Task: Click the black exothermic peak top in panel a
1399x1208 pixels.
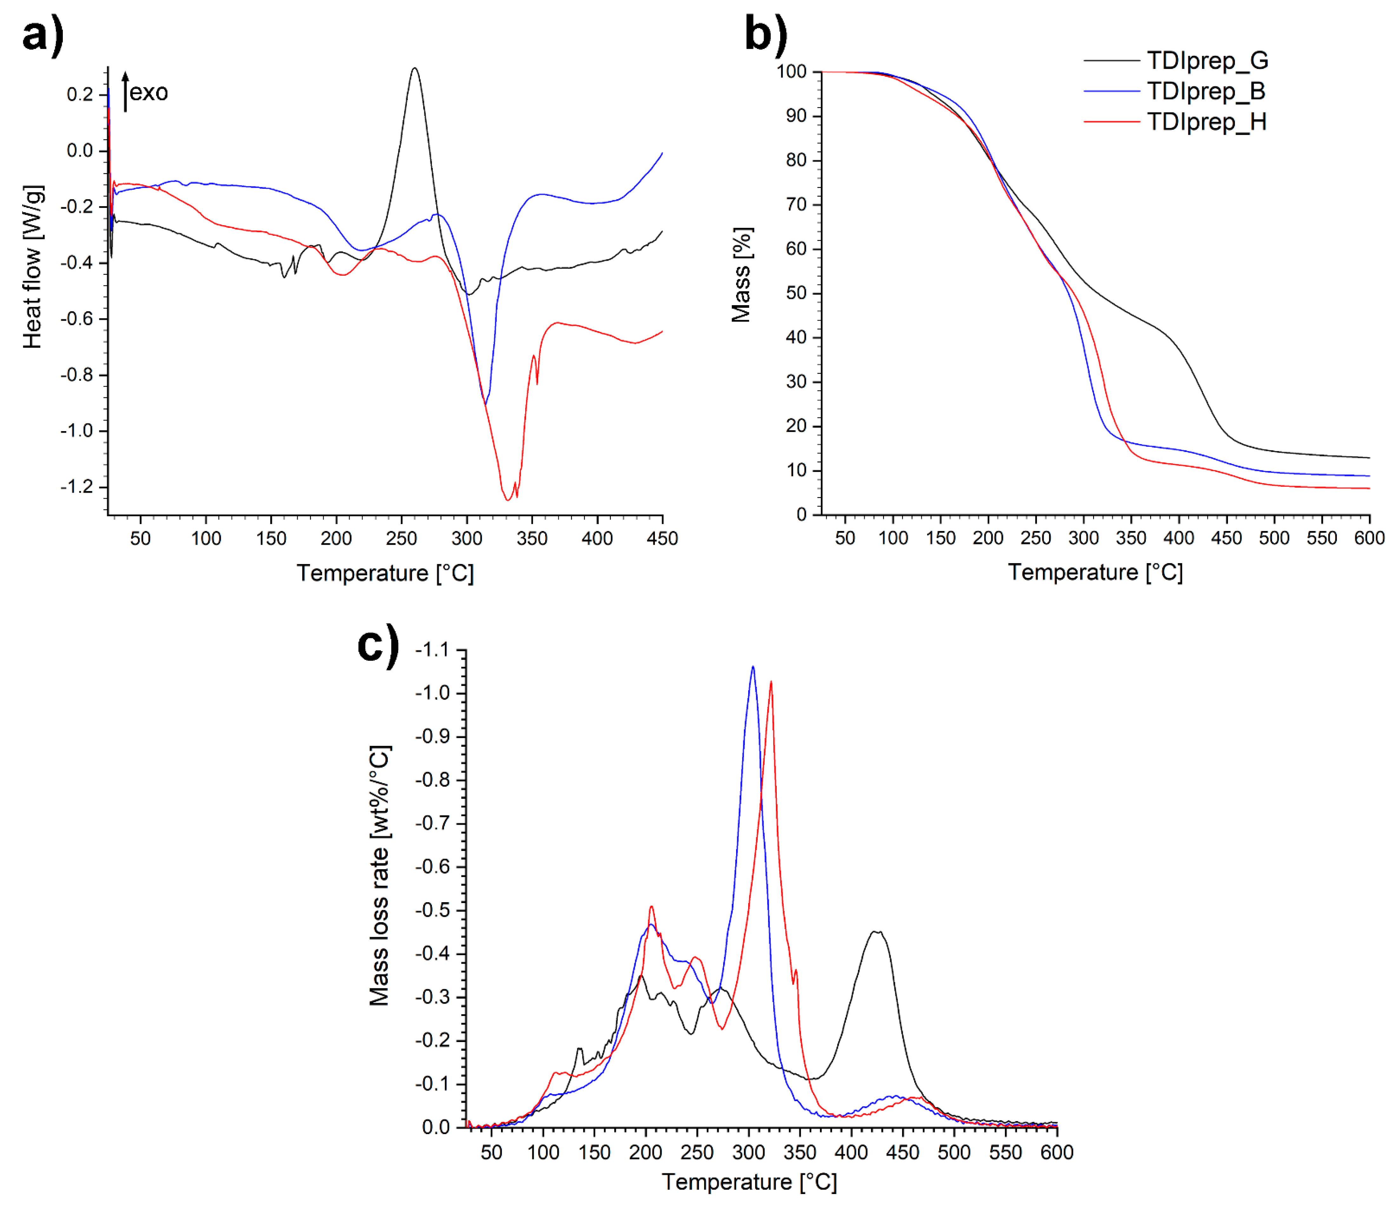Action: [415, 68]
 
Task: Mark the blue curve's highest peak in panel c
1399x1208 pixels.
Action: [753, 667]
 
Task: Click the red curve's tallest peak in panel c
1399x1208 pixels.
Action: [771, 682]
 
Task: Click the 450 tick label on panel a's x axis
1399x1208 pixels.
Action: [662, 538]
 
